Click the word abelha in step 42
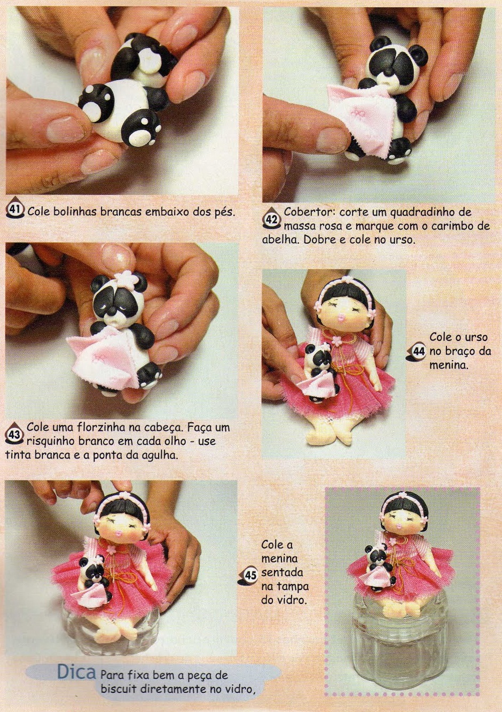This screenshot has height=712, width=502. pos(280,239)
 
